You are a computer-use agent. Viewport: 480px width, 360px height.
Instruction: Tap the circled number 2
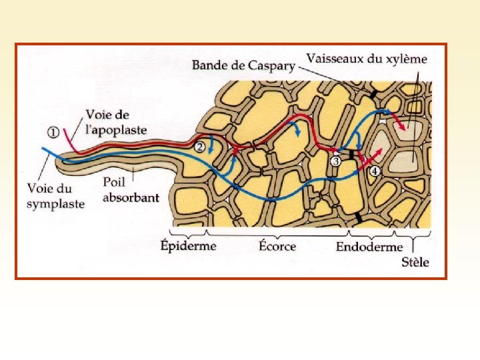pyautogui.click(x=199, y=147)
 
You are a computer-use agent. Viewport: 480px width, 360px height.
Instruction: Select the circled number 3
pyautogui.click(x=336, y=161)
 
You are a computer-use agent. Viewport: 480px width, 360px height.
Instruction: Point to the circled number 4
pyautogui.click(x=375, y=171)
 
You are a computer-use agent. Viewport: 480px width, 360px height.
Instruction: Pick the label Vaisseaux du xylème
pyautogui.click(x=367, y=58)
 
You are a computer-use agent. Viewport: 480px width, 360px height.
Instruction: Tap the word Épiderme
pyautogui.click(x=189, y=245)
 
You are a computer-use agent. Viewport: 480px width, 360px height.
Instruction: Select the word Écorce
pyautogui.click(x=277, y=245)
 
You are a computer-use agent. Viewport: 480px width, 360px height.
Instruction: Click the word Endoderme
pyautogui.click(x=369, y=246)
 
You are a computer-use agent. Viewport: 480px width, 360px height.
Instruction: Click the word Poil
pyautogui.click(x=115, y=182)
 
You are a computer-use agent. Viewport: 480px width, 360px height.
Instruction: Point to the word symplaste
pyautogui.click(x=55, y=204)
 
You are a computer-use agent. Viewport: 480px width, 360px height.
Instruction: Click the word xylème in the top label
pyautogui.click(x=405, y=59)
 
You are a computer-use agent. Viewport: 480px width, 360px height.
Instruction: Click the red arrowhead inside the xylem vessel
pyautogui.click(x=402, y=127)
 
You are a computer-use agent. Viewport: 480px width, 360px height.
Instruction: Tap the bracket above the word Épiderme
pyautogui.click(x=189, y=232)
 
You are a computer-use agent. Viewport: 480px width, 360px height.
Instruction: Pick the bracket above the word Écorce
pyautogui.click(x=278, y=233)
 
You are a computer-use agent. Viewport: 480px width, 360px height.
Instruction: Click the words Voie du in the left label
pyautogui.click(x=49, y=189)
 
